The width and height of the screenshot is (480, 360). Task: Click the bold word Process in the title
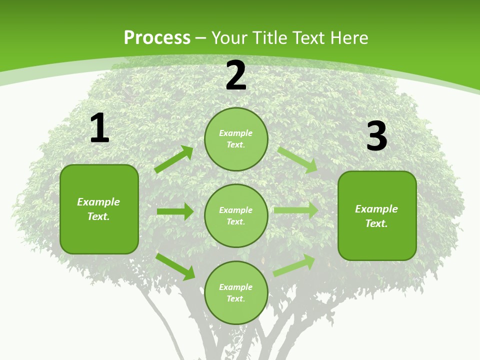pyautogui.click(x=157, y=38)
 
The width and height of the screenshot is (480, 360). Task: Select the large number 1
pyautogui.click(x=99, y=129)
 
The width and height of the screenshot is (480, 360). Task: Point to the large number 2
pyautogui.click(x=236, y=76)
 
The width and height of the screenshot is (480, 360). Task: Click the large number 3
pyautogui.click(x=376, y=136)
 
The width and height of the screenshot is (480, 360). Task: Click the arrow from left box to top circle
pyautogui.click(x=173, y=159)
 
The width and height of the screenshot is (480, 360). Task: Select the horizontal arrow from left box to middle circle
pyautogui.click(x=175, y=211)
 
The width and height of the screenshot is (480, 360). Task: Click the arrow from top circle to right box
pyautogui.click(x=297, y=160)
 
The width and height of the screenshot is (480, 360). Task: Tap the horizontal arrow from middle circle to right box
pyautogui.click(x=295, y=210)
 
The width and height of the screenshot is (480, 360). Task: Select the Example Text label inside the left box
pyautogui.click(x=98, y=209)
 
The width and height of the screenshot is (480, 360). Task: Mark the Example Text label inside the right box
pyautogui.click(x=376, y=216)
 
